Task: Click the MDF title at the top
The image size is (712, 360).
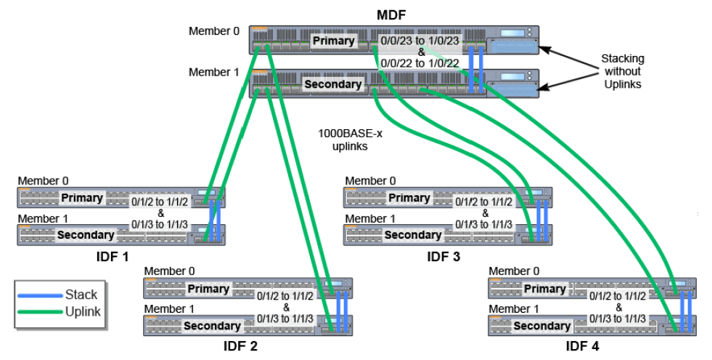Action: tap(393, 14)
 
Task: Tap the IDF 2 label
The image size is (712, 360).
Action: tap(240, 345)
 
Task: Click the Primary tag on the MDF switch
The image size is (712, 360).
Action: tap(333, 41)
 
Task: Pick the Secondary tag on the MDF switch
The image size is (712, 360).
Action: tap(333, 84)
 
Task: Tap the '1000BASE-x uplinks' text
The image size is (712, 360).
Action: tap(345, 139)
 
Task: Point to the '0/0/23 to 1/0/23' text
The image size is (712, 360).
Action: tap(420, 41)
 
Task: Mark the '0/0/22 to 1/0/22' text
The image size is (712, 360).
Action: tap(420, 63)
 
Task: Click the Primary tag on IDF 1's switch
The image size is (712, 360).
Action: tap(82, 198)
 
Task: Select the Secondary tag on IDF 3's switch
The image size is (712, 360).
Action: tap(412, 234)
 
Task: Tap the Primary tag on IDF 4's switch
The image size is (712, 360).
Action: tap(544, 289)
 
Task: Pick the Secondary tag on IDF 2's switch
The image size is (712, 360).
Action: tap(212, 326)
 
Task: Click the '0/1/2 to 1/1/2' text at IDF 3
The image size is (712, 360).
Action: tap(483, 202)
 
